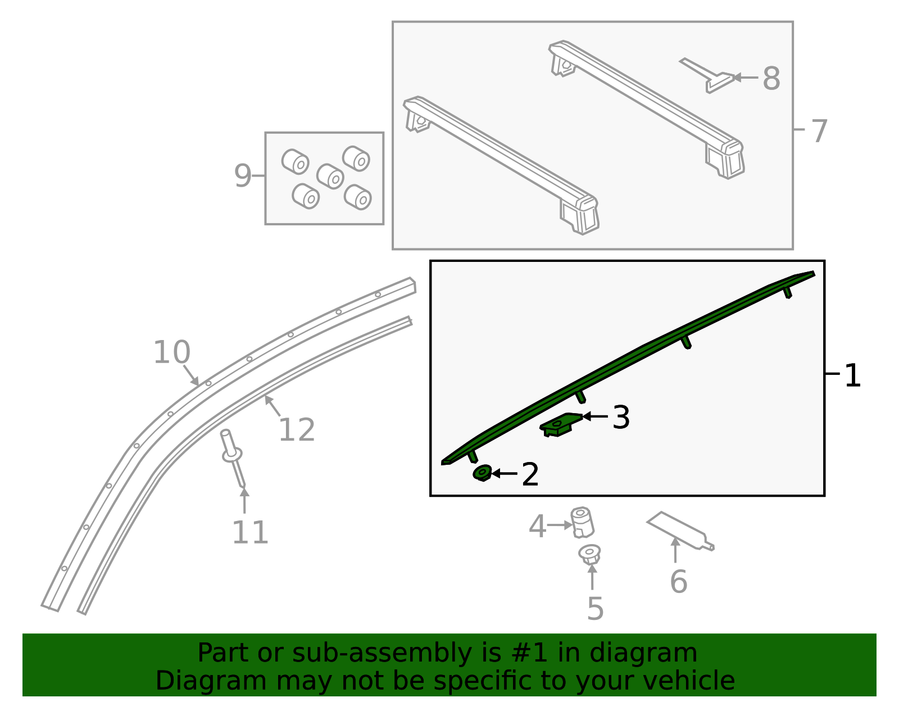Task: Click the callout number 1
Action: point(852,375)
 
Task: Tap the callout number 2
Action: point(530,474)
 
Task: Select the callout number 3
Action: point(621,418)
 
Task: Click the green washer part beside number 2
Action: point(482,473)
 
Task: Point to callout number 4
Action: point(537,527)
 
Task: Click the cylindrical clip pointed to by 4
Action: point(582,522)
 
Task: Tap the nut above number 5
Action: point(589,554)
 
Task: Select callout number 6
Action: point(678,581)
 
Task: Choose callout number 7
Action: point(819,131)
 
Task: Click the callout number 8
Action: point(771,78)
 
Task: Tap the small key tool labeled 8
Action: point(709,76)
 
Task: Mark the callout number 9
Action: point(242,176)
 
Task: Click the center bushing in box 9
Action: point(330,176)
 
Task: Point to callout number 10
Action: point(172,352)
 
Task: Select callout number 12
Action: point(296,430)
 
